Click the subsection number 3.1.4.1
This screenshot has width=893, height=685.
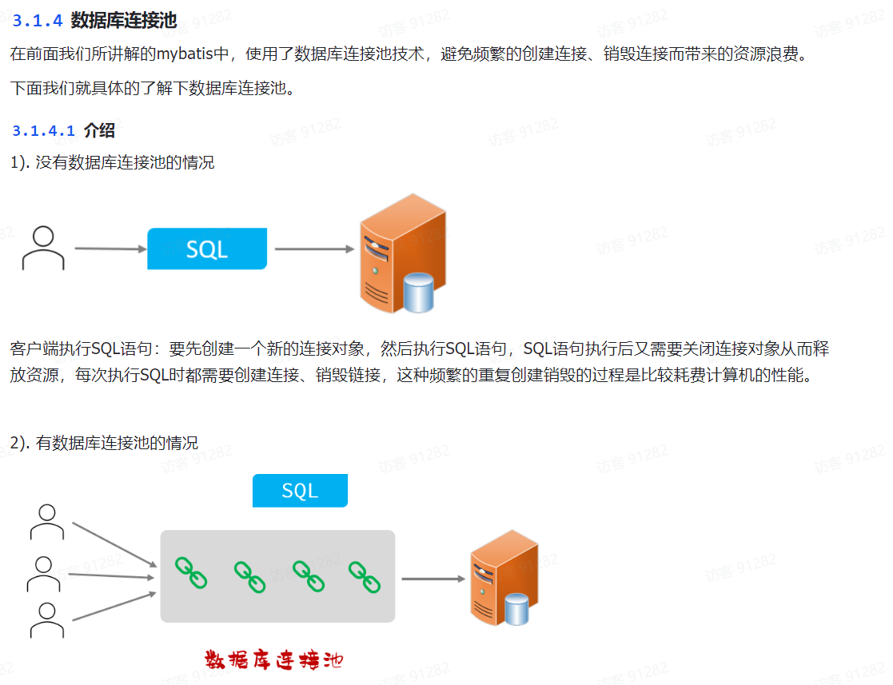43,131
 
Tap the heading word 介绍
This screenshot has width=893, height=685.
99,131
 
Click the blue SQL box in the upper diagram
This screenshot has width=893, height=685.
206,249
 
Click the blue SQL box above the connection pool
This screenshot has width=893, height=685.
300,491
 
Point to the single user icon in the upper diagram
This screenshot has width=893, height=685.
43,248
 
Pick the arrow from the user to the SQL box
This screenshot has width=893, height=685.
110,249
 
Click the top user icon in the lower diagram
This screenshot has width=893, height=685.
47,522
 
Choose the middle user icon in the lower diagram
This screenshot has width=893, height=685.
44,573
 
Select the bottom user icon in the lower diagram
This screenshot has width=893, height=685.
47,620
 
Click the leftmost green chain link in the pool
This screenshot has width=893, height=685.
191,572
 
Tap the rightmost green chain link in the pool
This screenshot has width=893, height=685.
364,575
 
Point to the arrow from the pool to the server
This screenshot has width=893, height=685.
433,579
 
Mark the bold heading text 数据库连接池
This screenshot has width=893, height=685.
124,20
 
